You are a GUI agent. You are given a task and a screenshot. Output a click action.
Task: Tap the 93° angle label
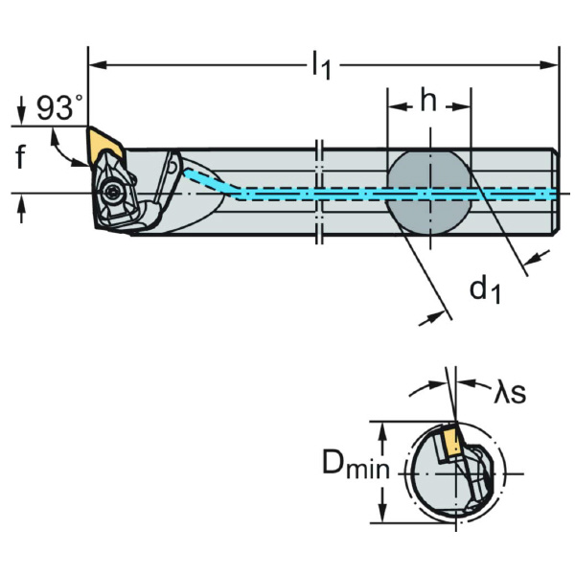[x=59, y=108]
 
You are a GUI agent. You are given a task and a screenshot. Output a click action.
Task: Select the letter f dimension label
[x=21, y=157]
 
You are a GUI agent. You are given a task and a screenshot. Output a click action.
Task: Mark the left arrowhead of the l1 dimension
[x=94, y=65]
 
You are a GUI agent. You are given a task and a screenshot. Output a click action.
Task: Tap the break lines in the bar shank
[x=320, y=192]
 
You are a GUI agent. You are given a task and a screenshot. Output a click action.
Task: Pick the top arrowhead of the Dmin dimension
[x=384, y=425]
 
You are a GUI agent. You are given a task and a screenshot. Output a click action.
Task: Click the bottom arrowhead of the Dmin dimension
[x=384, y=517]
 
